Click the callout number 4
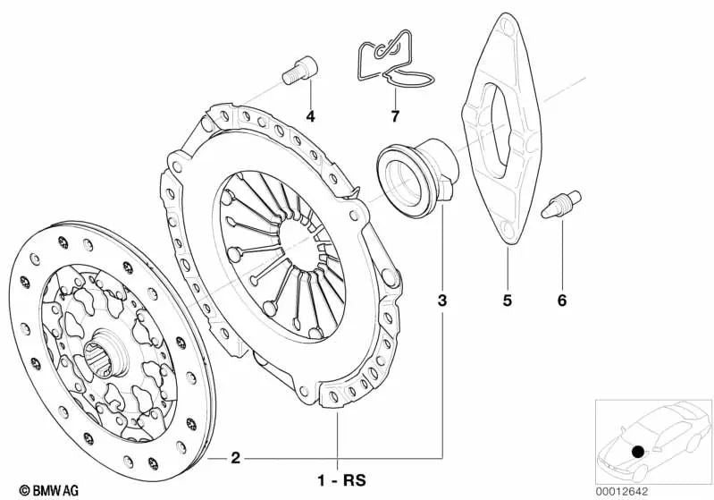pyautogui.click(x=310, y=116)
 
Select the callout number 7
pyautogui.click(x=394, y=116)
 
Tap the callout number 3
pyautogui.click(x=441, y=301)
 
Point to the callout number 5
pyautogui.click(x=506, y=301)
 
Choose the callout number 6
pyautogui.click(x=562, y=301)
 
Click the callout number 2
pyautogui.click(x=235, y=459)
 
